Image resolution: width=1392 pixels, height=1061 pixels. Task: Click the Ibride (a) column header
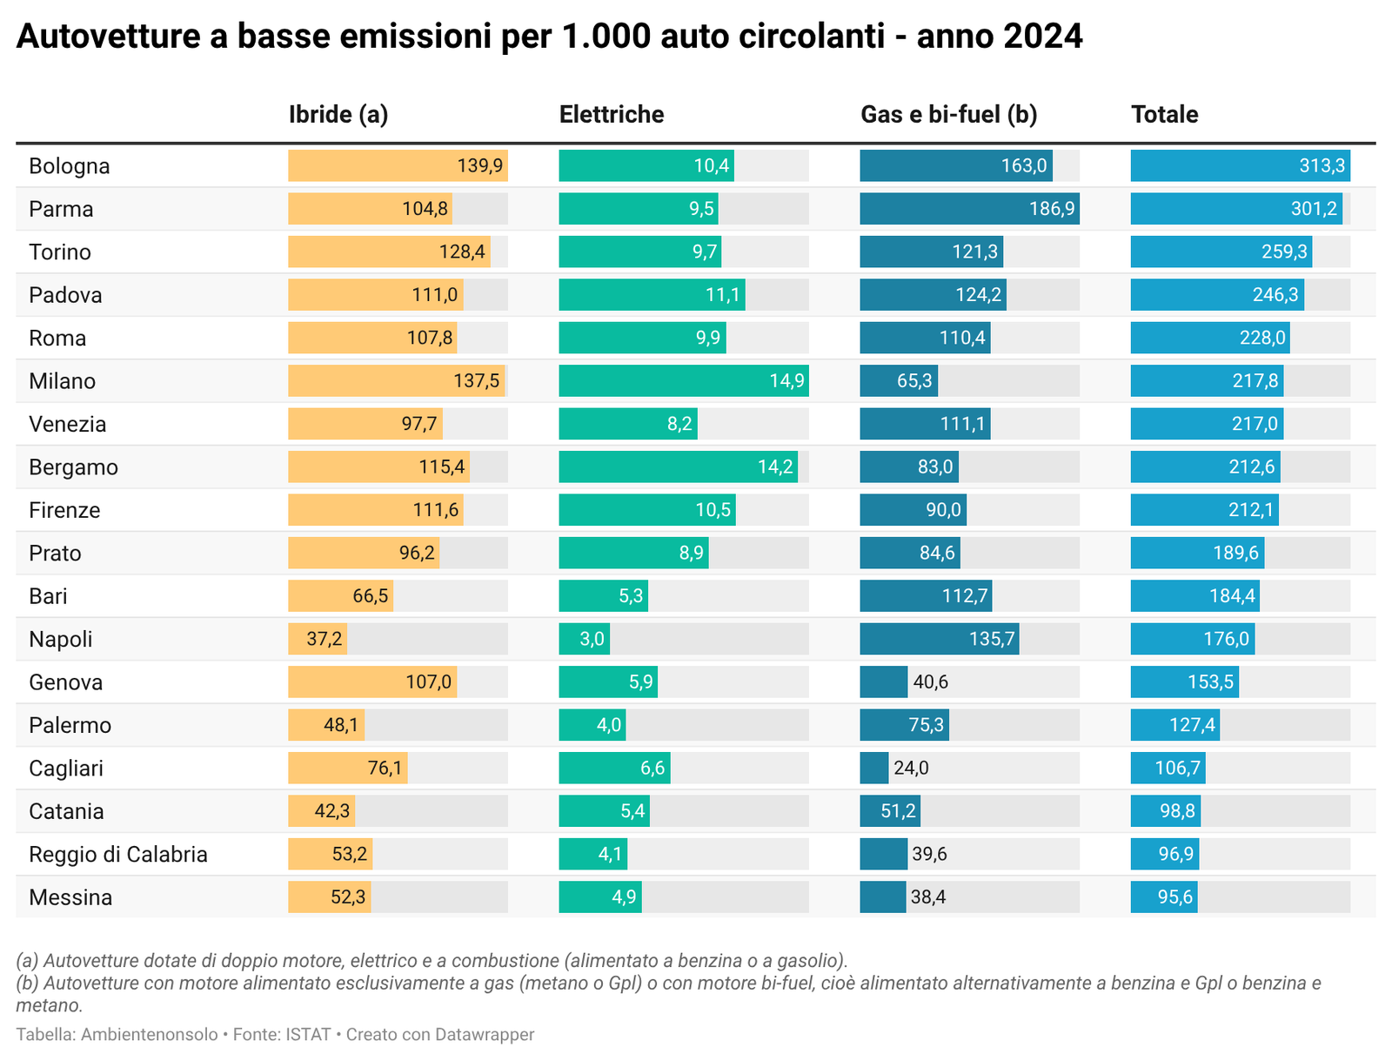click(338, 115)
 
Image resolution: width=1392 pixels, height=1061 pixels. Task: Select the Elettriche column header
click(611, 115)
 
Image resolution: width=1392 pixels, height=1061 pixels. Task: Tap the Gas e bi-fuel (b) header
click(948, 115)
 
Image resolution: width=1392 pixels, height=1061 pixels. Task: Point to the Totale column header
click(1164, 115)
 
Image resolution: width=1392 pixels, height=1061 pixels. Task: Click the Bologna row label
click(70, 166)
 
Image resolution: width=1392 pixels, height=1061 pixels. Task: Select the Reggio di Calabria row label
click(118, 855)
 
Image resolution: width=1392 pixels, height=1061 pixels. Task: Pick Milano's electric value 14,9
click(786, 381)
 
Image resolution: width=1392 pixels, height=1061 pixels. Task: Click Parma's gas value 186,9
click(1052, 209)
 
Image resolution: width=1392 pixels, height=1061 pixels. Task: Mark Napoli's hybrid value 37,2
click(325, 640)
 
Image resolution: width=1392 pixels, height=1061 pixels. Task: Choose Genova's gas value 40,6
click(931, 682)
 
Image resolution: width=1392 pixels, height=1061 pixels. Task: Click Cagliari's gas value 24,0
click(911, 769)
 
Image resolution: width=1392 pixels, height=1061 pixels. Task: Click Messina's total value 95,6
click(1175, 897)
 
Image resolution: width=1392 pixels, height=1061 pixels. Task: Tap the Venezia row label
click(68, 425)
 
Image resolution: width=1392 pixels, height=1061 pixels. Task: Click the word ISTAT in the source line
click(308, 1035)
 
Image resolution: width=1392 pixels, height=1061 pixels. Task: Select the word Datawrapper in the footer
click(485, 1035)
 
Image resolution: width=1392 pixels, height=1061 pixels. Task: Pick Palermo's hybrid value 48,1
click(341, 725)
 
